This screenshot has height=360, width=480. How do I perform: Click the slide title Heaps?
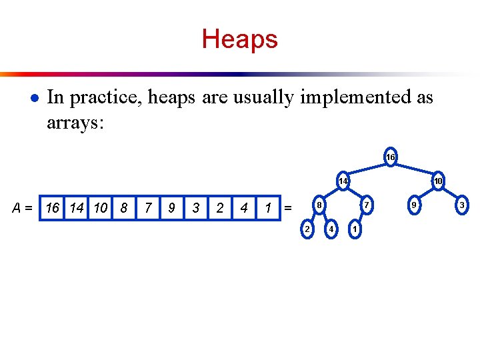coord(239,39)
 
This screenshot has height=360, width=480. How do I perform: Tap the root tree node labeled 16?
coord(390,157)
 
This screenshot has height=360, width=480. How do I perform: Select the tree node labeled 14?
coord(343,181)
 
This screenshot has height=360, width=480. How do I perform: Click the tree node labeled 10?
coord(438,181)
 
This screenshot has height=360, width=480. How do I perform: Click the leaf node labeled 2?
coord(307,229)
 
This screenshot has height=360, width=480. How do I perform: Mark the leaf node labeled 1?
coord(355,229)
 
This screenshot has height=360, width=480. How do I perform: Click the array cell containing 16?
coord(53,208)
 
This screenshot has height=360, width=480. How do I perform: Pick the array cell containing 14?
coord(77,208)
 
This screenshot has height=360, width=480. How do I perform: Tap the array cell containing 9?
coord(171,208)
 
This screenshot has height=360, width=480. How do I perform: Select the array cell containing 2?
coord(219,208)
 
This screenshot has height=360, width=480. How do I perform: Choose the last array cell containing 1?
coord(267,208)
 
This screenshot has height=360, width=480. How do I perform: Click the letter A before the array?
coord(19,208)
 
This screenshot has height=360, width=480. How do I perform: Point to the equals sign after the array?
coord(288,208)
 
